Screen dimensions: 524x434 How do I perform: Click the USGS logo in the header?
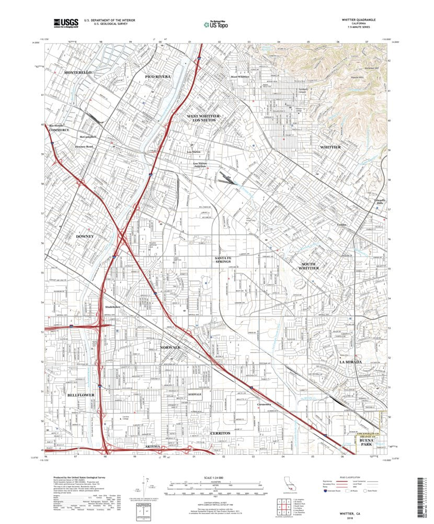(x=66, y=22)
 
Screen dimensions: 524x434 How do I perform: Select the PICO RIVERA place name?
(x=158, y=77)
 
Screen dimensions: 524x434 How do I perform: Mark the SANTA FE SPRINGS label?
(x=226, y=260)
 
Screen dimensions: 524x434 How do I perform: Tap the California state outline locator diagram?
(x=289, y=483)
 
